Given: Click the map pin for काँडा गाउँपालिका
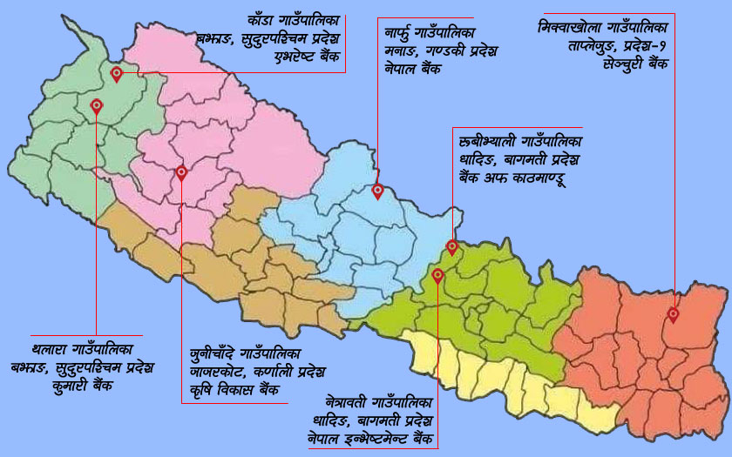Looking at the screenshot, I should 117,74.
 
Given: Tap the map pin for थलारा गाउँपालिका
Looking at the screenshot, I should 97,106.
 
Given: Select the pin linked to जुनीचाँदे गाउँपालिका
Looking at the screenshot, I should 181,172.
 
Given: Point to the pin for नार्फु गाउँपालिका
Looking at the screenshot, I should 377,191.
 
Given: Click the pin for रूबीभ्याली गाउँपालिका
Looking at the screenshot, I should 452,247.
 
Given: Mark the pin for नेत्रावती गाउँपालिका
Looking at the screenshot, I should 437,276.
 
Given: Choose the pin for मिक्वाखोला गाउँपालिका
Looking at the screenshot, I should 674,314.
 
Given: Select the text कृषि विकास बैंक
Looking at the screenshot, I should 236,391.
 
